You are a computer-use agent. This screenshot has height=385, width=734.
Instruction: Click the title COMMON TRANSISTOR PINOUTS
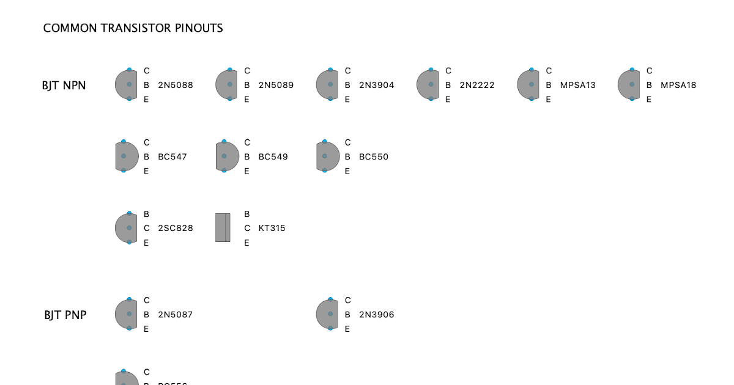tap(133, 28)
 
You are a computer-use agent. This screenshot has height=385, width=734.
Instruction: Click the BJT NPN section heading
tap(64, 86)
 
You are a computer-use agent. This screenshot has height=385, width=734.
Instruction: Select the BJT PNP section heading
tap(65, 315)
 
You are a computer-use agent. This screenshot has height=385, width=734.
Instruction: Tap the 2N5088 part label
tap(176, 85)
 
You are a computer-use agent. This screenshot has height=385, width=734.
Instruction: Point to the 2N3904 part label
tap(377, 85)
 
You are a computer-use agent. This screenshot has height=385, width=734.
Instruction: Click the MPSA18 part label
tap(678, 85)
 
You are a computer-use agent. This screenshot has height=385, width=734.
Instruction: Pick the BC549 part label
tap(273, 156)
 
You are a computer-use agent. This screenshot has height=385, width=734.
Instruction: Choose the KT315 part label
tap(272, 228)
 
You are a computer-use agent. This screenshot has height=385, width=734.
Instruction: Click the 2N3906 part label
tap(377, 315)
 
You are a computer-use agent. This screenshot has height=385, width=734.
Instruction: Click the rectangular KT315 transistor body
tap(223, 228)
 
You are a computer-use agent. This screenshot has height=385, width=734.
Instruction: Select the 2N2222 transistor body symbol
tap(428, 84)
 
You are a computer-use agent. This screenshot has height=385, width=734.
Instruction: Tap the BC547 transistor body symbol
tap(127, 156)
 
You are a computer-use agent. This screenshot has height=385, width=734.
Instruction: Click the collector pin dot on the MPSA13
tap(532, 70)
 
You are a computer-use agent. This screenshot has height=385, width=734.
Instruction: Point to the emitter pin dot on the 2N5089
tap(230, 98)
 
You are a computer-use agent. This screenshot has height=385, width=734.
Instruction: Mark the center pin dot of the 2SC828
tap(129, 228)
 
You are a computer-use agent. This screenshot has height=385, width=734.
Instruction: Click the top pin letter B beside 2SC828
tap(147, 214)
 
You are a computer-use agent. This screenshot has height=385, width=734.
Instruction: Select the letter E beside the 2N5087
tap(146, 329)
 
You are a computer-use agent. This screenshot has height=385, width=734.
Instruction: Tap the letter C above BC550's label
tap(347, 142)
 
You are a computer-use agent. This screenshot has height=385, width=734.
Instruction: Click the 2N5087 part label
tap(176, 315)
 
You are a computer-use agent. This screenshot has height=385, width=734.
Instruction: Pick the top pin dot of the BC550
tap(324, 142)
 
